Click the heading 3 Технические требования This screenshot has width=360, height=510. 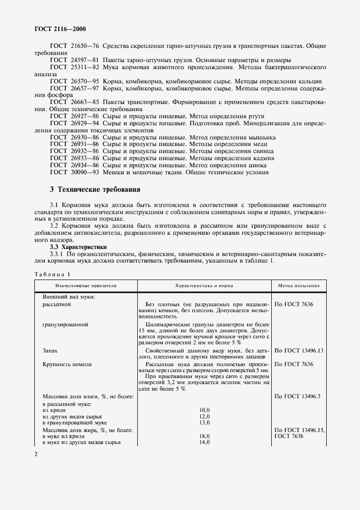[x=95, y=190]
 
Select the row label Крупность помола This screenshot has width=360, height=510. [x=66, y=364]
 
